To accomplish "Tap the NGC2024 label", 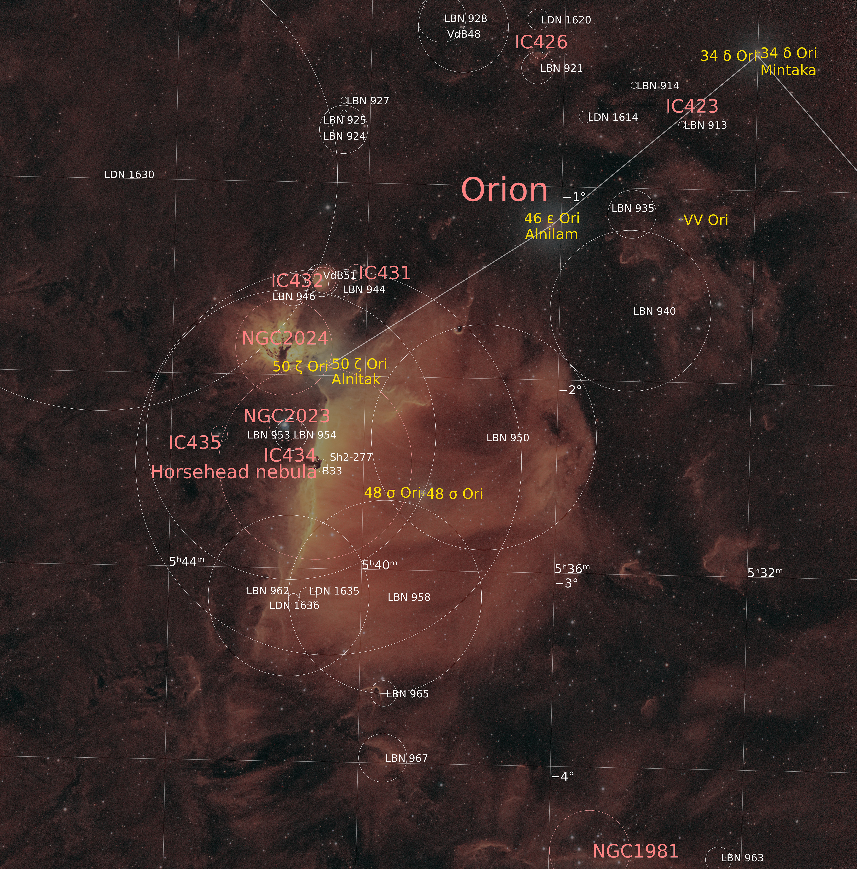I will coord(285,338).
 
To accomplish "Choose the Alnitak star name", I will coord(356,380).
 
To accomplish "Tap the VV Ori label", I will coord(706,220).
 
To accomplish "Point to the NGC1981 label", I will coord(635,851).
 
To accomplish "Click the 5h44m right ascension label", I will coord(187,561).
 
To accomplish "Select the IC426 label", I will coord(541,42).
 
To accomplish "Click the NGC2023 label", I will coord(287,416).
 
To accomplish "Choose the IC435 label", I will coord(195,443).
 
